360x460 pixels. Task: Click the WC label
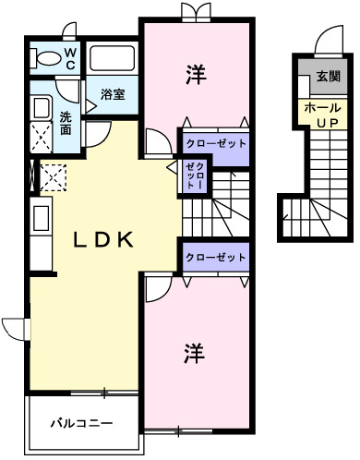(70, 59)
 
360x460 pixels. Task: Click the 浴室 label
(113, 93)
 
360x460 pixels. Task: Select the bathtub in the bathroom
(113, 61)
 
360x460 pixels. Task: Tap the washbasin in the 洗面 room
(41, 108)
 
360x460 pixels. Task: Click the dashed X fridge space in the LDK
(53, 176)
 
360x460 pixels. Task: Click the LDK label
(104, 240)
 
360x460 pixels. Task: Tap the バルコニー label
(81, 423)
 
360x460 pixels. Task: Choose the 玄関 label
(328, 76)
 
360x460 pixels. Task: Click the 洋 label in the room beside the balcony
(192, 352)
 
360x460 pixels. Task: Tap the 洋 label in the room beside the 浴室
(195, 74)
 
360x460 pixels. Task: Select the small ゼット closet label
(195, 175)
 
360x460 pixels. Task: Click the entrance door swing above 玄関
(329, 42)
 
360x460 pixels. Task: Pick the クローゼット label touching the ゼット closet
(216, 144)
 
